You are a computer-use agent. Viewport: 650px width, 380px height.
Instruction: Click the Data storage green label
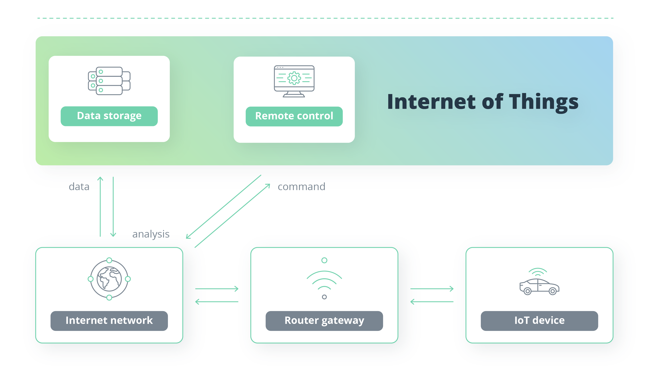109,116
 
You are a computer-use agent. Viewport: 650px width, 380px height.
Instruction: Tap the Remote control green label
294,116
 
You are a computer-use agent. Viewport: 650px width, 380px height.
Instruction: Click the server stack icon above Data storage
109,81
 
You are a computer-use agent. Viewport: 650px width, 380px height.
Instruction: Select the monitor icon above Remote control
294,81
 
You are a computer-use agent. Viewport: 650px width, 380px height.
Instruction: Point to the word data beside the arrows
79,187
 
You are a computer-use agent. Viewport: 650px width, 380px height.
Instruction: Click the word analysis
151,234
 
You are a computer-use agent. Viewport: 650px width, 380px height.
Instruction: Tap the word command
301,187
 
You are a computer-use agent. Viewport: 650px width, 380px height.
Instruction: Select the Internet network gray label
109,321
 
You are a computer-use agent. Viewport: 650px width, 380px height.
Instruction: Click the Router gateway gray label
324,321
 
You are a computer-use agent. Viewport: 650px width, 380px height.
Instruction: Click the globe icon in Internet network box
109,279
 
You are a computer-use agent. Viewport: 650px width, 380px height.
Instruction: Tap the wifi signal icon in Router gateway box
324,280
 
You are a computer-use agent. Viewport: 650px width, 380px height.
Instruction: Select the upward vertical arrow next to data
100,207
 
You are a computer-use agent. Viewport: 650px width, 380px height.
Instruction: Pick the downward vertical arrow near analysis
113,207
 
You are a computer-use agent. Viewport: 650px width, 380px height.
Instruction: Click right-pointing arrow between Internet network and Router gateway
217,289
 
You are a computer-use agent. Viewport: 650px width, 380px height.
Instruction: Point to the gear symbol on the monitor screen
294,78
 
